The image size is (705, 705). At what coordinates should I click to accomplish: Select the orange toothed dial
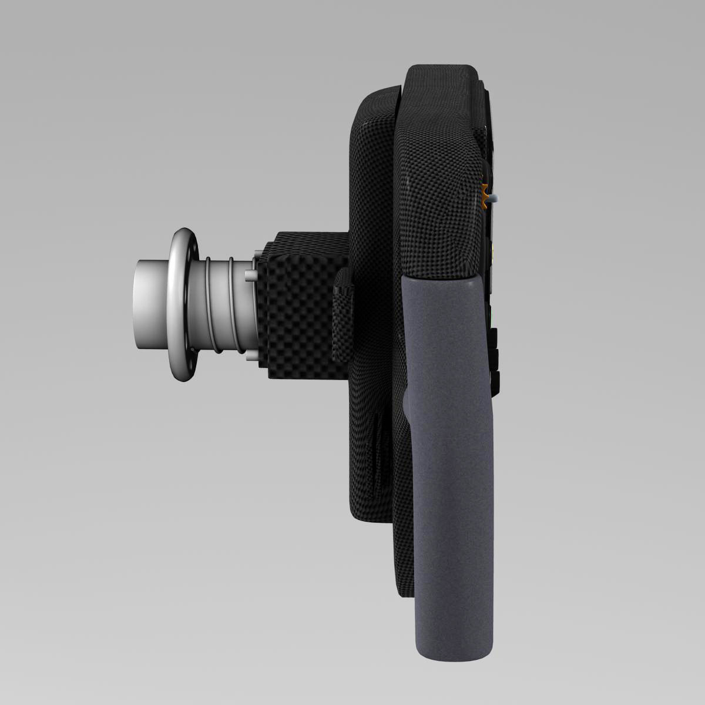tap(484, 196)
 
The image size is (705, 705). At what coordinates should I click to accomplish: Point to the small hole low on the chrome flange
tap(193, 352)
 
